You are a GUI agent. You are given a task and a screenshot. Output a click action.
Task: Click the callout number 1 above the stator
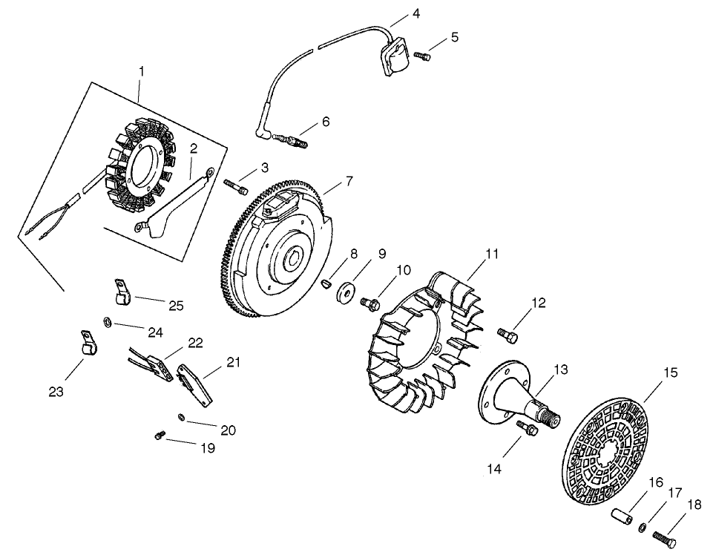[x=141, y=72]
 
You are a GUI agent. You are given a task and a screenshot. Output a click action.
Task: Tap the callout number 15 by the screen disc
[x=670, y=373]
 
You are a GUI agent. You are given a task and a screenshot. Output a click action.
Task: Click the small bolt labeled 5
[x=421, y=55]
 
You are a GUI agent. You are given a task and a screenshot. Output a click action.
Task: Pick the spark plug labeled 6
[x=294, y=139]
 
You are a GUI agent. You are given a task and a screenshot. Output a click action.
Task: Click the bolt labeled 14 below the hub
[x=528, y=429]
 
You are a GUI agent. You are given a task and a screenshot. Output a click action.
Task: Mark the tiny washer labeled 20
[x=182, y=418]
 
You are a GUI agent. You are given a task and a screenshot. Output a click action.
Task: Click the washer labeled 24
[x=108, y=322]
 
